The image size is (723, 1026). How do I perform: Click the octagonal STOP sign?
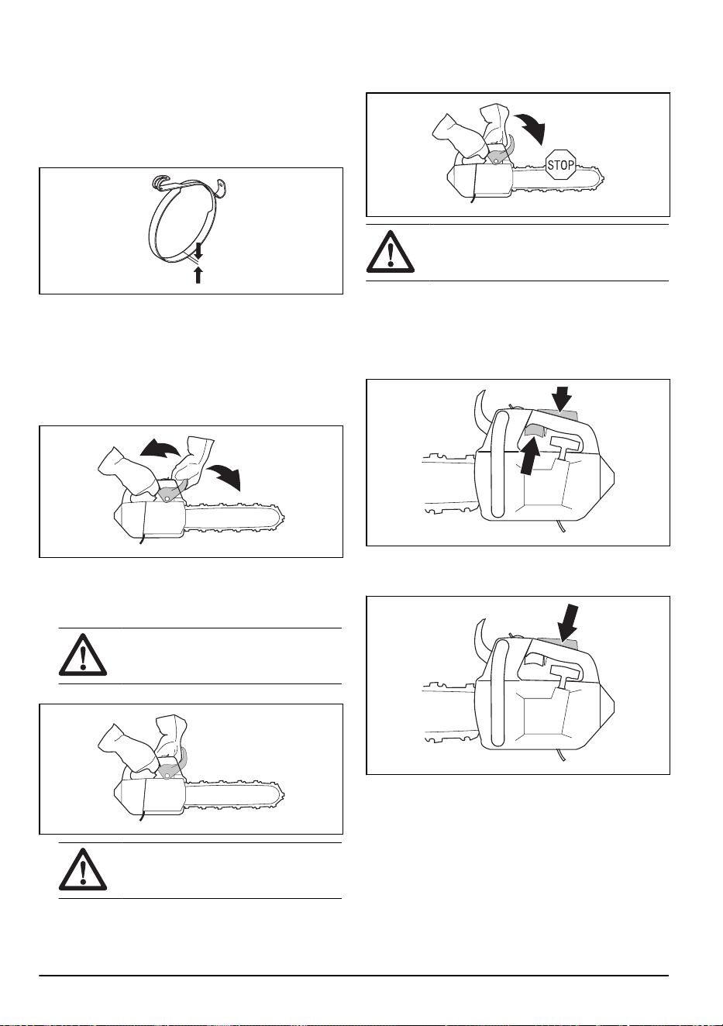point(561,164)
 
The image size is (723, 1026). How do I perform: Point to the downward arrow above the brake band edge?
point(198,250)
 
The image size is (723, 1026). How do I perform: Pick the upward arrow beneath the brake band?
point(198,275)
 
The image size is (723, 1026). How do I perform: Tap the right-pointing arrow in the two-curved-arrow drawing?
point(226,477)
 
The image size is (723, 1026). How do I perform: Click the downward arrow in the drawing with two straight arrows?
point(561,398)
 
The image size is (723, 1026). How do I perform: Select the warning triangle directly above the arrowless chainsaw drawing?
point(83,654)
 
